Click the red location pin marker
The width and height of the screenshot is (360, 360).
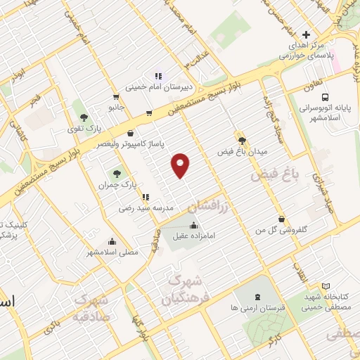point(181,165)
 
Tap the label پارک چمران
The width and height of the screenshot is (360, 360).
point(116,184)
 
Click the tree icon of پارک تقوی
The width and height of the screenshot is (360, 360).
point(84,118)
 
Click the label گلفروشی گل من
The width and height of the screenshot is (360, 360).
point(281,230)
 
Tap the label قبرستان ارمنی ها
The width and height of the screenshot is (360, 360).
point(255,307)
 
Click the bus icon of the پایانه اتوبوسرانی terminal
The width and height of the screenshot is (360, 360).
point(325,98)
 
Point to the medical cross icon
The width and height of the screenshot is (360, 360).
point(305,34)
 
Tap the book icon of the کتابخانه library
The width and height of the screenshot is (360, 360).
point(325,286)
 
